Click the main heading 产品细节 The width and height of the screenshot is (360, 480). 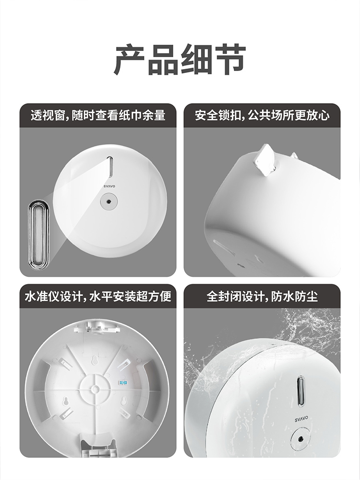point(180,60)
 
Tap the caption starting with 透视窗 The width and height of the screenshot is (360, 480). point(98,115)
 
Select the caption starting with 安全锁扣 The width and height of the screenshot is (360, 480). point(262,115)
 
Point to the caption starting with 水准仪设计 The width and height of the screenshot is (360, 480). point(98,296)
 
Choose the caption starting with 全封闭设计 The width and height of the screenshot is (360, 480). point(262,296)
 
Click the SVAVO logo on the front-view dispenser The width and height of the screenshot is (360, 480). point(109,186)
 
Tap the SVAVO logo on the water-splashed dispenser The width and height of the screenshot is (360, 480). point(301,419)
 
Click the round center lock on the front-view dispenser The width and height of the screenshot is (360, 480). point(109,202)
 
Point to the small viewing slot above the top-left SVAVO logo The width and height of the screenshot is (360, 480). point(110,167)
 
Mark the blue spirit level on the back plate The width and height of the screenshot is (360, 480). point(122,383)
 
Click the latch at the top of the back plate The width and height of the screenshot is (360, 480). point(96,326)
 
